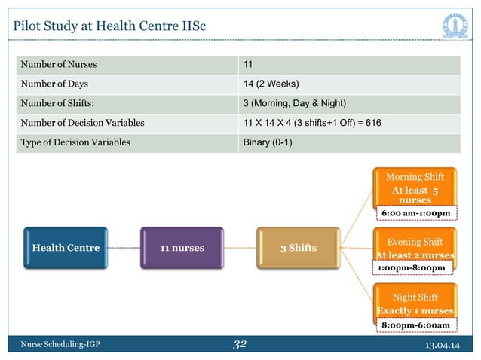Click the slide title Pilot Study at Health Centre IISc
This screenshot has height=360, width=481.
pos(110,28)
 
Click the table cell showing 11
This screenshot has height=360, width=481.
pos(247,63)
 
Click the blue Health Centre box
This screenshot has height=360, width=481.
pos(66,247)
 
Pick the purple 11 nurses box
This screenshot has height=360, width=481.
pos(181,247)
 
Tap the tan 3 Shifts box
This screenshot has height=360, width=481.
pos(298,248)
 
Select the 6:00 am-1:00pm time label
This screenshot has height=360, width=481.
pos(415,214)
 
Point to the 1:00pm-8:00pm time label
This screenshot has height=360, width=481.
pos(413,267)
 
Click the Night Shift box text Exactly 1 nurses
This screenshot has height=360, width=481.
pos(415,310)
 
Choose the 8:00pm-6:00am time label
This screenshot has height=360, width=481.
pos(415,325)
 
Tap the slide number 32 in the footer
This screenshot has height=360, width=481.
pos(240,345)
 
